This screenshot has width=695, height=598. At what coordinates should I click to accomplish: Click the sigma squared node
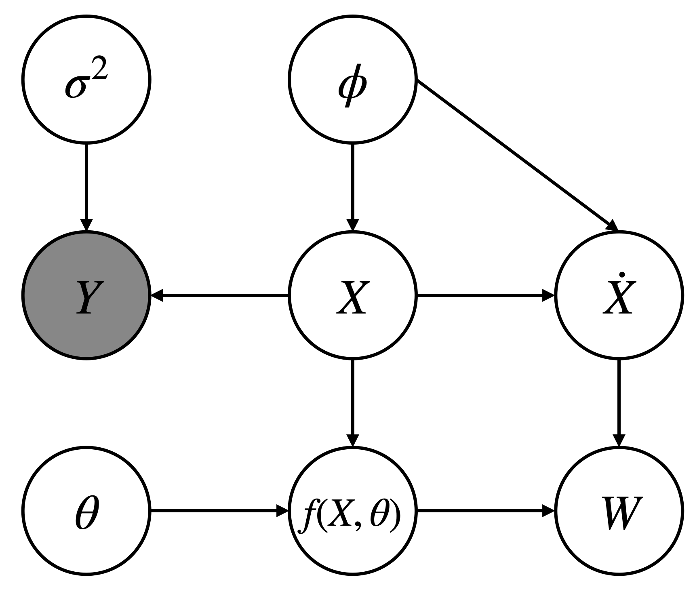click(86, 79)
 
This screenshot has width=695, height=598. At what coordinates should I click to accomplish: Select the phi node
click(352, 79)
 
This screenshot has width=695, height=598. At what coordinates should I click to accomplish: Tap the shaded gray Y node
click(86, 295)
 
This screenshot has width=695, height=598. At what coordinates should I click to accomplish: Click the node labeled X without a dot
click(352, 295)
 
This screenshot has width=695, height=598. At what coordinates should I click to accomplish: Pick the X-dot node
click(619, 295)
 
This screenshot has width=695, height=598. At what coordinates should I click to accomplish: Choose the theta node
click(86, 511)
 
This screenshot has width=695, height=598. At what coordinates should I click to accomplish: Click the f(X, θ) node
click(352, 511)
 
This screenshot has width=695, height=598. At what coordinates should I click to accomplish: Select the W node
click(619, 511)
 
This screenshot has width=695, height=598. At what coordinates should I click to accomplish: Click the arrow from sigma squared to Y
click(86, 186)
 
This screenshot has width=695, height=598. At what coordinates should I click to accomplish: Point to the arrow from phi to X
click(352, 186)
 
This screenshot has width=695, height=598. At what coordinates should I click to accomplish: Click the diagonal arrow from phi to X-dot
click(517, 156)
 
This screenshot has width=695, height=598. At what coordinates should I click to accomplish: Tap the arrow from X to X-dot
click(485, 295)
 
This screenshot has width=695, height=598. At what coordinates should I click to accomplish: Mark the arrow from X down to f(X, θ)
click(352, 402)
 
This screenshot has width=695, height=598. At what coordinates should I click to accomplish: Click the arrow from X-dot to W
click(619, 402)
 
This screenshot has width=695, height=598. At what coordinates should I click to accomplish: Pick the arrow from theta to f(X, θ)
click(218, 511)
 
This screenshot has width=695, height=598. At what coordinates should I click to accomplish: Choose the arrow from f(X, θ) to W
click(485, 511)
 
